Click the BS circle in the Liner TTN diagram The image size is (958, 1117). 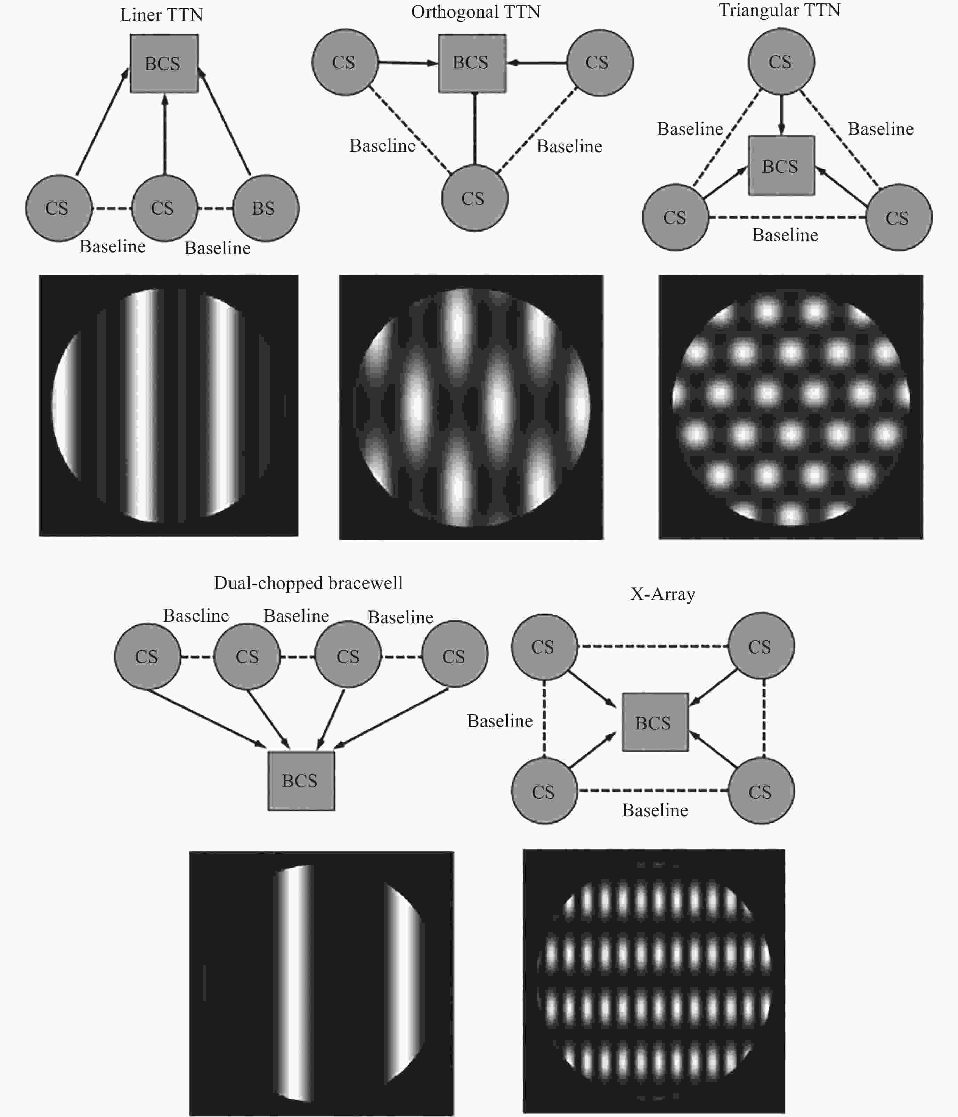coord(266,208)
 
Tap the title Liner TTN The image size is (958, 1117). coord(161,15)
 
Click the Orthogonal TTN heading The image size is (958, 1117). coord(476,12)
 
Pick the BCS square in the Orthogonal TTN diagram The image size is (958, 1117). coord(472,63)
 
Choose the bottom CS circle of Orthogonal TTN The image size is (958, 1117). coord(474,198)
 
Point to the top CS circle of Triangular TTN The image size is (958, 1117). coord(781,62)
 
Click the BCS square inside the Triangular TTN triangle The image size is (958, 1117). coord(781,165)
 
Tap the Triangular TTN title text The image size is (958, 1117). coord(780,10)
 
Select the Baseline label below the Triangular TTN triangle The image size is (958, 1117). coord(785,235)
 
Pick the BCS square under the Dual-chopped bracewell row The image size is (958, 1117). coord(301,780)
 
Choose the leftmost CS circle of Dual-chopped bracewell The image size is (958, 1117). coord(147,656)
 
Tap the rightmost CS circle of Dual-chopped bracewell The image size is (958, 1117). coord(454,654)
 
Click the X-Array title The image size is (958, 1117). coord(663,594)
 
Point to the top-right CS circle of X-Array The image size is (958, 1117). coord(761,645)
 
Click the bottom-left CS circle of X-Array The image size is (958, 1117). coord(544,791)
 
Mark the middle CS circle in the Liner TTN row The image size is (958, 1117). coord(164,208)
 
